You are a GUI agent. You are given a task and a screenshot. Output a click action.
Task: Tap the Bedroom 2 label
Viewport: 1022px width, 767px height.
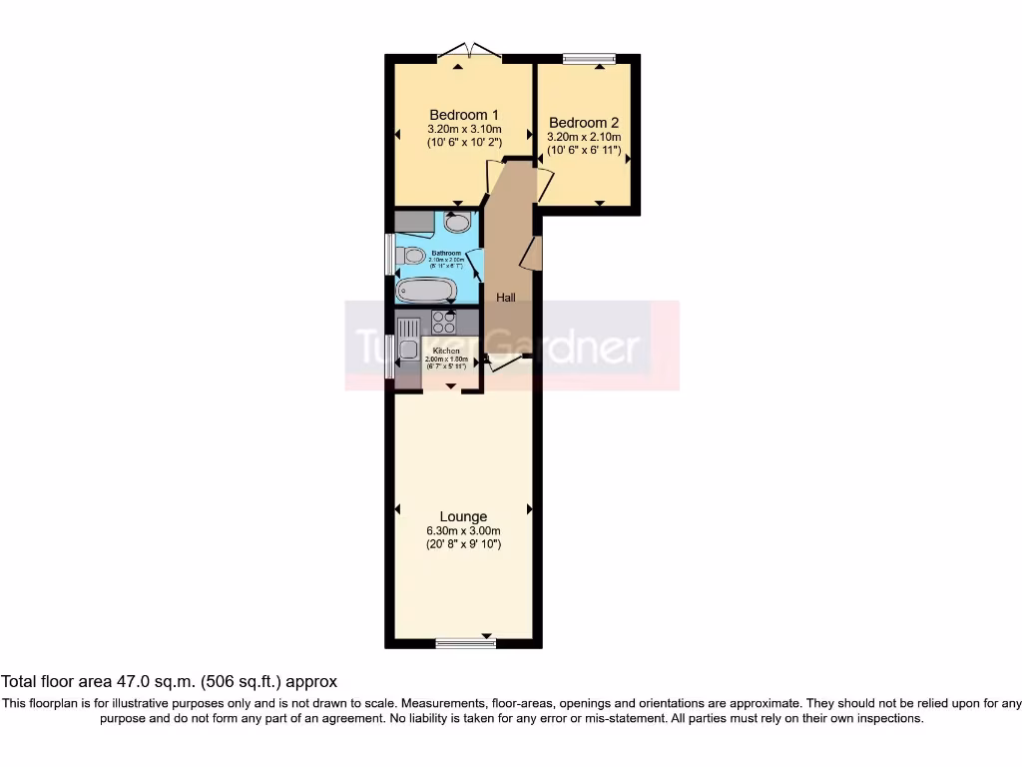(x=584, y=123)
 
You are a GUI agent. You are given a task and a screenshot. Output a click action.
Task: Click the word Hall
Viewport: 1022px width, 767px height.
(x=506, y=298)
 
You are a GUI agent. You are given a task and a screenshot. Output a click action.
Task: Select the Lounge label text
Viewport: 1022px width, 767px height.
(x=463, y=516)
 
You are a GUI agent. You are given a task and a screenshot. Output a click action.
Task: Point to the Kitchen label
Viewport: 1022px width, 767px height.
(x=446, y=352)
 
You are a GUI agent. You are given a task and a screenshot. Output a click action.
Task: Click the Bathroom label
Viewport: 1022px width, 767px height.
(x=445, y=254)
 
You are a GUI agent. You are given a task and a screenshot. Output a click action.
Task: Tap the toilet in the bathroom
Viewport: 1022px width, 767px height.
(x=411, y=256)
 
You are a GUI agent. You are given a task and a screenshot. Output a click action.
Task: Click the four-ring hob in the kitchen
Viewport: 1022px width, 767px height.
(x=443, y=323)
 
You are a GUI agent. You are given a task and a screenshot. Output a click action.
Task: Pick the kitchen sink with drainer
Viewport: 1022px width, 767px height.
(x=408, y=339)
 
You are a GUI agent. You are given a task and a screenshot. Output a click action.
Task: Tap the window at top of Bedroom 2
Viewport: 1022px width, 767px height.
(x=586, y=59)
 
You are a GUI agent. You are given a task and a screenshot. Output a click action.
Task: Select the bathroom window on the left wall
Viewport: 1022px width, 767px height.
(x=390, y=254)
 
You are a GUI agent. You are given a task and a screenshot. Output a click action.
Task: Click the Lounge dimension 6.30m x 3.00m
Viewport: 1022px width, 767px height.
(x=463, y=531)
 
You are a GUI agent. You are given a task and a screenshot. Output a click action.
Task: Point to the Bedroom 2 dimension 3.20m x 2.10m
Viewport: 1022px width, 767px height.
(x=584, y=138)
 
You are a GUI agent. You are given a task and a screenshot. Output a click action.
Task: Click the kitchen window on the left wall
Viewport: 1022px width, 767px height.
(x=390, y=355)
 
